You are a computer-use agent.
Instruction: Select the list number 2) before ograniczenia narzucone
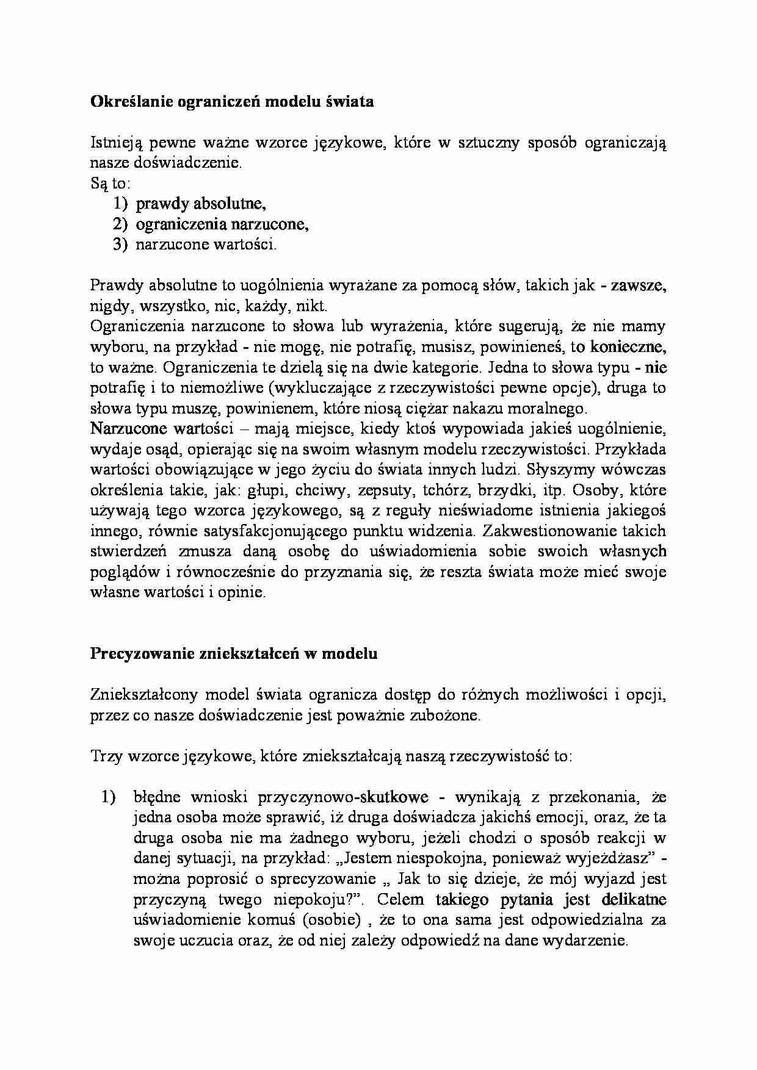[x=120, y=224]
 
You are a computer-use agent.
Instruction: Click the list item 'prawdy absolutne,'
[x=200, y=204]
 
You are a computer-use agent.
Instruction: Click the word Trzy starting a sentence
[x=106, y=756]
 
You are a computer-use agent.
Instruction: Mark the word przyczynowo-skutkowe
[x=343, y=797]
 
